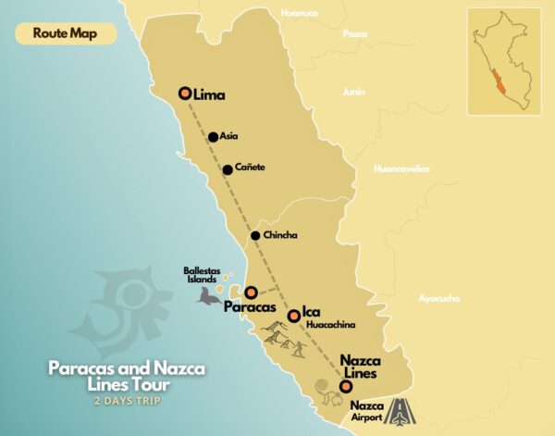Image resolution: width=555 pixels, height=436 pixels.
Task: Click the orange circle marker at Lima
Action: pyautogui.click(x=185, y=93)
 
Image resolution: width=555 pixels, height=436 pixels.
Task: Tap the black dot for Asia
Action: pyautogui.click(x=213, y=137)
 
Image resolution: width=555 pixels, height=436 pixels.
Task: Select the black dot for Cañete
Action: pyautogui.click(x=228, y=169)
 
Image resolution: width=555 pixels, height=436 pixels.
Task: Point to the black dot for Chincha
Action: pyautogui.click(x=255, y=236)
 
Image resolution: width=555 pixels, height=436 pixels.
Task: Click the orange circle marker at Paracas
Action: pyautogui.click(x=250, y=292)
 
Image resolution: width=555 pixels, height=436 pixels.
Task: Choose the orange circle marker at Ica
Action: pyautogui.click(x=293, y=316)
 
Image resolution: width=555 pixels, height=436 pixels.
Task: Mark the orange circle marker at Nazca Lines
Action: pyautogui.click(x=345, y=386)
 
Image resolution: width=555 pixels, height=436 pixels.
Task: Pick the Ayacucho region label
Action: pyautogui.click(x=439, y=298)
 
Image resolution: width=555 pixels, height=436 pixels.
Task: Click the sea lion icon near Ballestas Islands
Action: pyautogui.click(x=208, y=296)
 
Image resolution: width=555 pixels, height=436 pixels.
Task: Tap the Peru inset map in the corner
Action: pyautogui.click(x=504, y=60)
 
